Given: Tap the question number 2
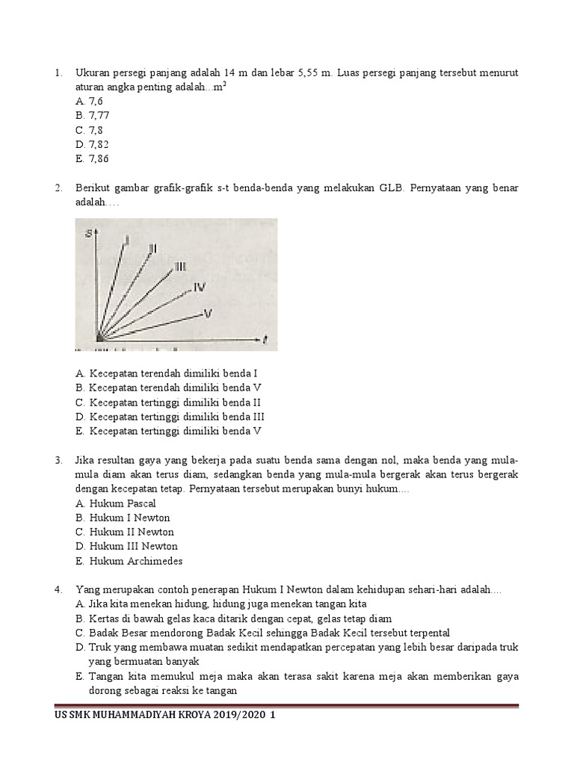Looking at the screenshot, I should (x=58, y=188).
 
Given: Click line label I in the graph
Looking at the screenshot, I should (x=128, y=240).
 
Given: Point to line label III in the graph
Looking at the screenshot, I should (x=181, y=266).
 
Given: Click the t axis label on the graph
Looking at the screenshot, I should (x=265, y=340).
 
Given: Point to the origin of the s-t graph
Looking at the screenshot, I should (x=98, y=338).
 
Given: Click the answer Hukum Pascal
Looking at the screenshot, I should (x=115, y=503).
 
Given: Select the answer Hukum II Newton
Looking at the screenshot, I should (x=124, y=532).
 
